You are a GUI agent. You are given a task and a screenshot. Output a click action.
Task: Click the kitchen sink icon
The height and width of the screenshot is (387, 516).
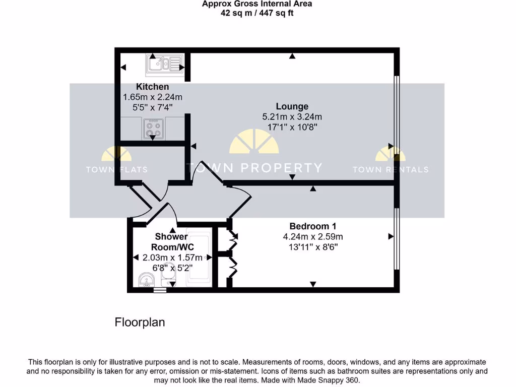coord(164,64)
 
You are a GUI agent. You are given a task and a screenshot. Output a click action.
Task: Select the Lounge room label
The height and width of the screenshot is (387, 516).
coord(292,106)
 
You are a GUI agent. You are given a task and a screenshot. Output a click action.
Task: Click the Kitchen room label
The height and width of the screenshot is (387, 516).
coord(152,87)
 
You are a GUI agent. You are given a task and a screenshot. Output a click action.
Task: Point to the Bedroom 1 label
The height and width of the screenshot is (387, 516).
coord(312,226)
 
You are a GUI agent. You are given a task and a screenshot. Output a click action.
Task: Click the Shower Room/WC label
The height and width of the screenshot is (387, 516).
coord(171,241)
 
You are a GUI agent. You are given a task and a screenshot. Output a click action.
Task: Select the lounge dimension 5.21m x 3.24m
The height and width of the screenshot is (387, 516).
coord(292,116)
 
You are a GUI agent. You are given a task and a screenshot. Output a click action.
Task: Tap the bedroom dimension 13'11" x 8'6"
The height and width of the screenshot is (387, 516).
coord(312,247)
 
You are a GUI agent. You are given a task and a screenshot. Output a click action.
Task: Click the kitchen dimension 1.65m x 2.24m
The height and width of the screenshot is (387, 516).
coord(152,97)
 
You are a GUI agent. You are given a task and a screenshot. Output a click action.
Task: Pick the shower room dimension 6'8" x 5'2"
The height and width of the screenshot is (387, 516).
coord(172,268)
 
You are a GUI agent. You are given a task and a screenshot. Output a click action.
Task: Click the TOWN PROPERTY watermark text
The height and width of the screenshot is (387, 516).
coord(254,168)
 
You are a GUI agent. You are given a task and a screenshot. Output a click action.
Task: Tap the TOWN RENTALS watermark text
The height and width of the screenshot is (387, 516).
coord(391,169)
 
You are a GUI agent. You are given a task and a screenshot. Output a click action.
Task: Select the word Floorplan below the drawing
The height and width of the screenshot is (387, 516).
coord(140,322)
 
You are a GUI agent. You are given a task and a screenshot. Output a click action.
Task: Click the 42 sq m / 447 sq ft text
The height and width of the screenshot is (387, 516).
coord(257,13)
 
